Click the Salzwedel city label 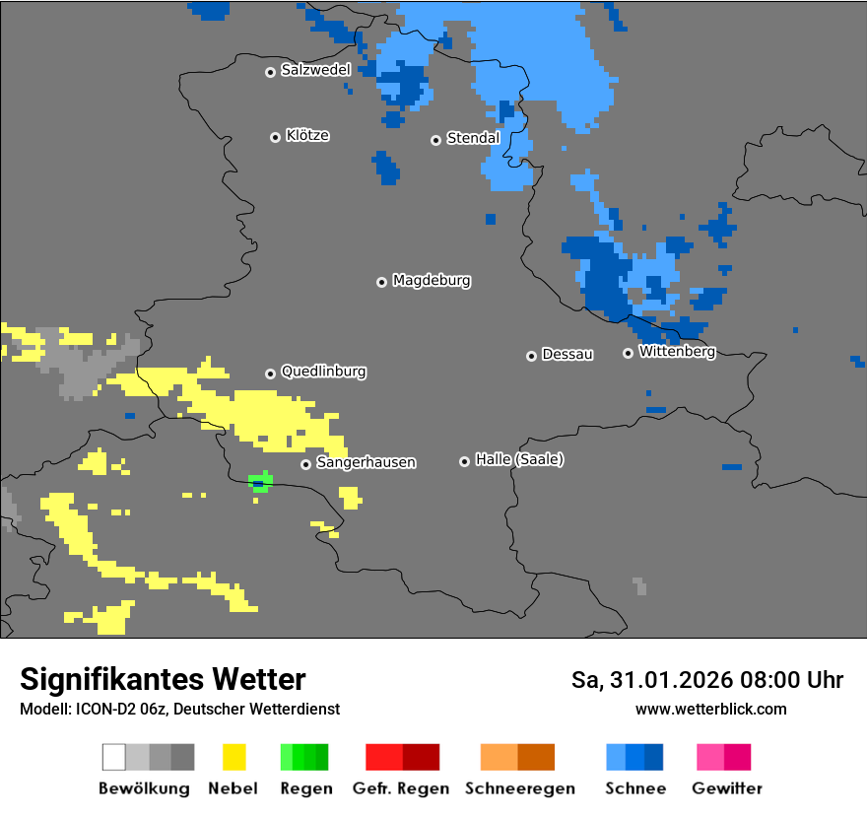click(315, 70)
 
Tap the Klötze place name click(307, 135)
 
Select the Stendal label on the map click(473, 138)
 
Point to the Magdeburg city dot click(381, 282)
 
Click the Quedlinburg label click(323, 372)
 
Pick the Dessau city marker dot click(531, 356)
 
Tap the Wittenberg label click(677, 351)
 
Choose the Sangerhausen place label click(366, 462)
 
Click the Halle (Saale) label click(519, 459)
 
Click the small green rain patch click(260, 481)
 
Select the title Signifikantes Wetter click(163, 680)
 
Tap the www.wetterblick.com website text click(710, 709)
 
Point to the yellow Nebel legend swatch click(233, 757)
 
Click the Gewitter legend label click(726, 788)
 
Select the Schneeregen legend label click(520, 788)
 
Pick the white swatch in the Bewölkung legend click(113, 757)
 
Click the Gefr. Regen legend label click(401, 788)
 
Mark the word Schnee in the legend click(634, 788)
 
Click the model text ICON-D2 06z click(117, 709)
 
